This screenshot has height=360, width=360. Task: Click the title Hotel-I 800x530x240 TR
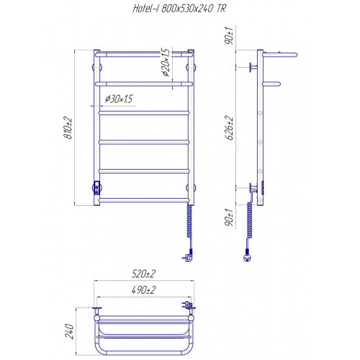coord(179,9)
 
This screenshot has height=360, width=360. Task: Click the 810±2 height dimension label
coord(68,127)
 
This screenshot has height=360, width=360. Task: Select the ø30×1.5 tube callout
coord(119,99)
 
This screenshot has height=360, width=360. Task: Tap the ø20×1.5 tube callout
coord(166,62)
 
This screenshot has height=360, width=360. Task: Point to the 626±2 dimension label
coord(229,127)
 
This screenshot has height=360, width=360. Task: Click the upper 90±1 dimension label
coord(229,35)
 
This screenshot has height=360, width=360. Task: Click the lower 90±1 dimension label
coord(229,217)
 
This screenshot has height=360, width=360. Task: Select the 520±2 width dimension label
coord(143,274)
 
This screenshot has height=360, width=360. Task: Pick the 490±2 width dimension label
coord(143,290)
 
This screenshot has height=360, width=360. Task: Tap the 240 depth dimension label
coord(69,331)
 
